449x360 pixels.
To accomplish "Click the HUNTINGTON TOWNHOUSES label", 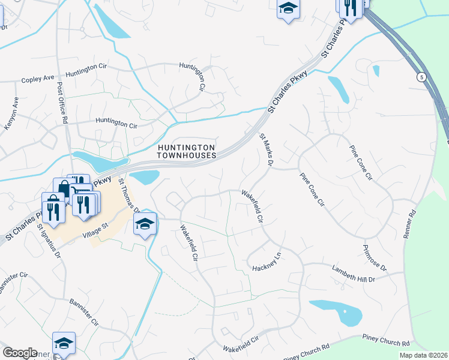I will click(x=186, y=151).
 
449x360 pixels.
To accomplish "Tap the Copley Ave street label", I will click(x=38, y=79).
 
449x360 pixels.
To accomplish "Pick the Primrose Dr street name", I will click(x=375, y=258).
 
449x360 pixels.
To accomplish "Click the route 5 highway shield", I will click(x=422, y=77).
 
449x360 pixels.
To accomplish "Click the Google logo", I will click(x=20, y=353).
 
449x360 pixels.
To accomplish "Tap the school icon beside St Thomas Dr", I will click(x=145, y=224).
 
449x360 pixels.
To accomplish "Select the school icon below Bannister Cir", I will click(x=64, y=344).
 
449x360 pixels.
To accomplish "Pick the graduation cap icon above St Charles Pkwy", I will click(x=288, y=9).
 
